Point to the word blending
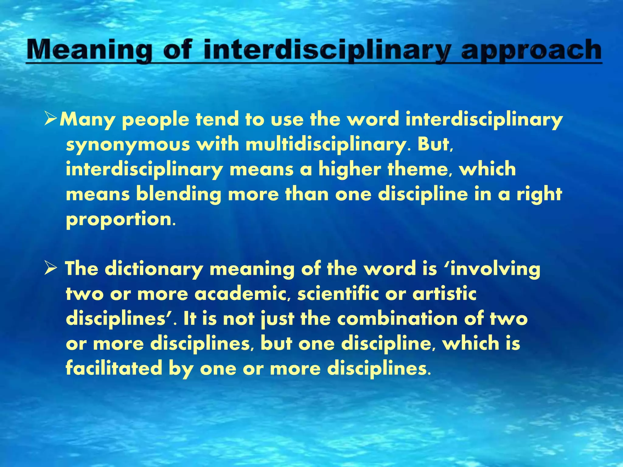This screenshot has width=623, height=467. (x=178, y=195)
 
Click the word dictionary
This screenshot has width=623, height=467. (x=154, y=269)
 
